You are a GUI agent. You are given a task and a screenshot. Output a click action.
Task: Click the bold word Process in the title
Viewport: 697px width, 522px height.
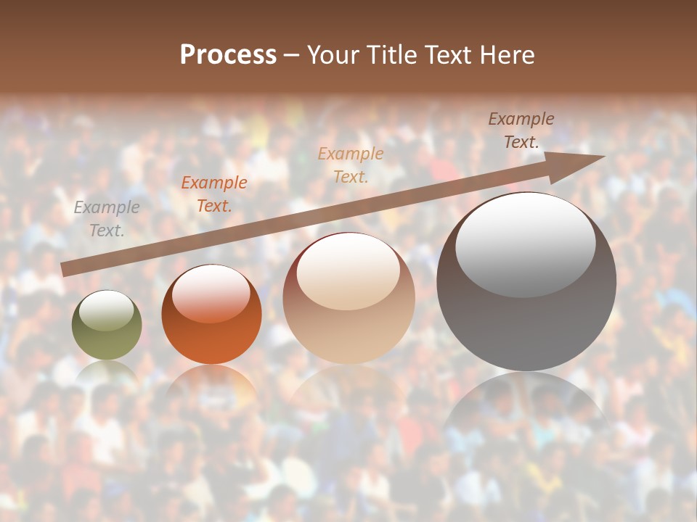click(228, 55)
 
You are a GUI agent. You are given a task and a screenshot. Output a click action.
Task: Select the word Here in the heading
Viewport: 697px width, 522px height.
click(508, 55)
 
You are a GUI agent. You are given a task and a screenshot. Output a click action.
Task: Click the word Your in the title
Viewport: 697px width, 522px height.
click(334, 55)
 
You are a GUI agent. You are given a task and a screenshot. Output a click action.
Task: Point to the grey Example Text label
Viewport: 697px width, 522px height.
click(107, 219)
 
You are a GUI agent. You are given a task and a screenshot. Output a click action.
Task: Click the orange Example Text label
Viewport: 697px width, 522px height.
click(214, 194)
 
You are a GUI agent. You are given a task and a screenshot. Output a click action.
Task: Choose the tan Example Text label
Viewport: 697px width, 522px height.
click(351, 165)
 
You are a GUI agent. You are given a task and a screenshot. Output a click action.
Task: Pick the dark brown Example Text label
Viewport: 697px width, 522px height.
click(521, 130)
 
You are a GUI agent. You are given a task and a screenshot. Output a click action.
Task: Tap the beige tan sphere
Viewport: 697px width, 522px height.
click(348, 319)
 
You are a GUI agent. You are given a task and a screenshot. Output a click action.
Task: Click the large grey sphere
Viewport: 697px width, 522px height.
click(526, 319)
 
